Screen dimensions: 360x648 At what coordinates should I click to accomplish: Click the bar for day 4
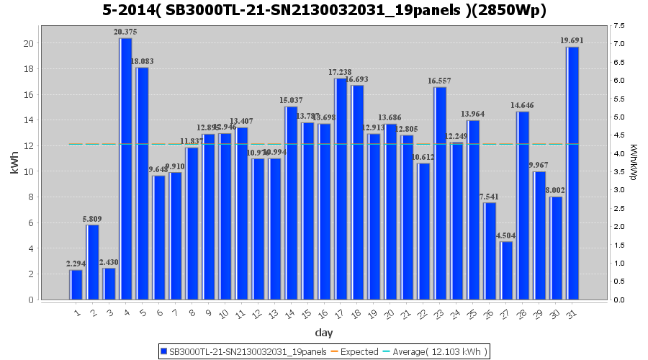click(126, 169)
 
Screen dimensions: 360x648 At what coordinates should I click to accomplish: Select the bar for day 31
click(572, 173)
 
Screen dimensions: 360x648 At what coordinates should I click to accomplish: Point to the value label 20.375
click(126, 32)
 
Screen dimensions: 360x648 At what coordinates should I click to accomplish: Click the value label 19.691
click(573, 41)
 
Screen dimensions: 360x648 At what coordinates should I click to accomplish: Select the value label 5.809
click(93, 219)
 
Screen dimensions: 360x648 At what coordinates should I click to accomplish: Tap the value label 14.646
click(523, 106)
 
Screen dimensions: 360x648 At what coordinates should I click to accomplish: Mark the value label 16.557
click(440, 81)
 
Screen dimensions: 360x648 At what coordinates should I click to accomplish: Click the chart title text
click(324, 10)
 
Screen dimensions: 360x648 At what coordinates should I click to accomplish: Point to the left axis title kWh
click(15, 163)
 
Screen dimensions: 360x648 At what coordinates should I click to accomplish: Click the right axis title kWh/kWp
click(633, 163)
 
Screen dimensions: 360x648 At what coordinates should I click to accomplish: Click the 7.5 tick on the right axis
click(619, 26)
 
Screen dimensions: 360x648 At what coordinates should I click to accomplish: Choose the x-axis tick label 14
click(289, 313)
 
